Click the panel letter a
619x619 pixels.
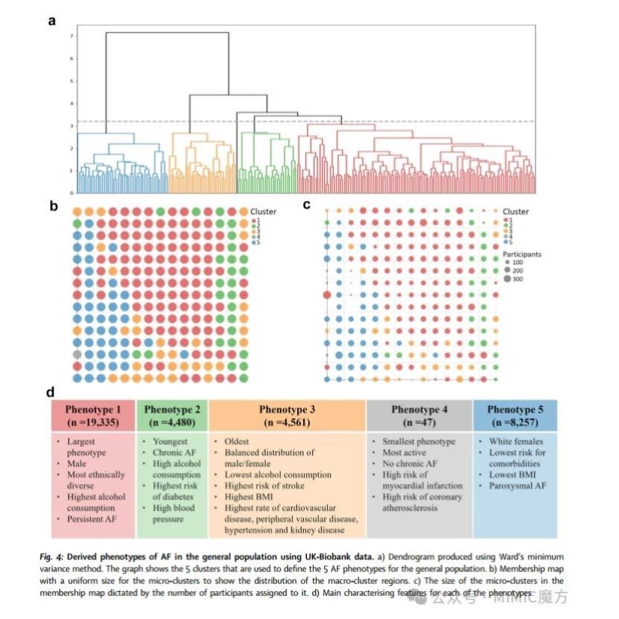(52, 20)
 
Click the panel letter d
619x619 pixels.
(51, 392)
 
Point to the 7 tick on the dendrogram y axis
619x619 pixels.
(71, 35)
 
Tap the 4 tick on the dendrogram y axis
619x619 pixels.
(71, 103)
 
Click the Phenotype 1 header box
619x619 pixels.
(92, 415)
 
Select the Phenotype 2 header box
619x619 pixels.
(172, 415)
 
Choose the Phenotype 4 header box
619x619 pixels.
(419, 415)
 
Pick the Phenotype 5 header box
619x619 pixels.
(515, 415)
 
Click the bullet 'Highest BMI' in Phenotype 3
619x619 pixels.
(251, 497)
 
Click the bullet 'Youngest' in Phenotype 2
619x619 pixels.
(170, 442)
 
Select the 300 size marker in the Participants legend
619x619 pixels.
(508, 278)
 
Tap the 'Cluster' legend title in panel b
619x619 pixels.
(264, 212)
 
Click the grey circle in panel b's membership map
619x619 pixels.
(77, 353)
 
